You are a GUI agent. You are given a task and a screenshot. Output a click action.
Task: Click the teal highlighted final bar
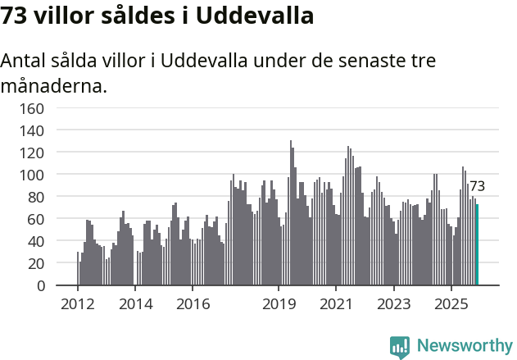(478, 245)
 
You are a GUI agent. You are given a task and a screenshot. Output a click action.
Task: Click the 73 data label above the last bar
(477, 187)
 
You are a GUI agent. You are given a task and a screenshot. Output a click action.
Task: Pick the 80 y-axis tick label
(36, 197)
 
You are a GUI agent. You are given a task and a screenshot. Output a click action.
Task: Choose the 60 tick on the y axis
(36, 219)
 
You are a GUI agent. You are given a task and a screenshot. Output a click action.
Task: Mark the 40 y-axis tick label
(36, 241)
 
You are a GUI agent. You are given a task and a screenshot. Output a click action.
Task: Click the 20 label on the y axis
(36, 263)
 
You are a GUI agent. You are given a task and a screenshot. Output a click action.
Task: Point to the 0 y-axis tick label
(40, 285)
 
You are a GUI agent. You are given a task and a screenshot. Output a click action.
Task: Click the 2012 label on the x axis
(78, 305)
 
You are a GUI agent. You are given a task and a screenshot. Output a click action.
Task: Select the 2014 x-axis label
(135, 305)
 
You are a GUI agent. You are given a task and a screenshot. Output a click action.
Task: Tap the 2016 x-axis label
(193, 305)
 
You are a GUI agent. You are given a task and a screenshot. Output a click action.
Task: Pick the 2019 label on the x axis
(279, 305)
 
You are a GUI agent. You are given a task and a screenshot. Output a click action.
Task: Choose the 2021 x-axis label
(336, 305)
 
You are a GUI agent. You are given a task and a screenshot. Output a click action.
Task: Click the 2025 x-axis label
(451, 305)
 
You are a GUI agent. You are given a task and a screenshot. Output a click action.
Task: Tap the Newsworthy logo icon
(400, 347)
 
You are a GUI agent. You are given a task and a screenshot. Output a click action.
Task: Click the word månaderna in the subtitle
(54, 85)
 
